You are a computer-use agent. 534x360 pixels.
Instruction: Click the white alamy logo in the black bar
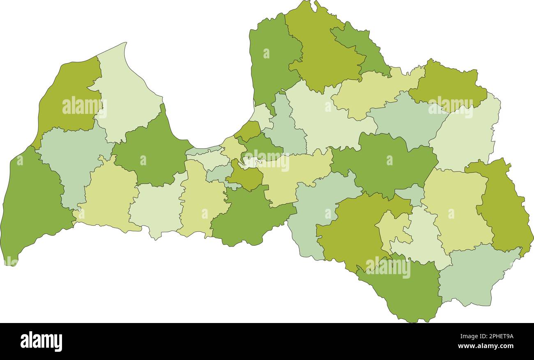41,342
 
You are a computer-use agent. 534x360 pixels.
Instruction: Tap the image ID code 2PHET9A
491,336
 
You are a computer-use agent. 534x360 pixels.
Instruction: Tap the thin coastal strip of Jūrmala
203,150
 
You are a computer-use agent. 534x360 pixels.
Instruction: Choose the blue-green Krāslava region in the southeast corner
476,273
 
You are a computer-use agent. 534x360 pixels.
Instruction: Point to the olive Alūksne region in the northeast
448,84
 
